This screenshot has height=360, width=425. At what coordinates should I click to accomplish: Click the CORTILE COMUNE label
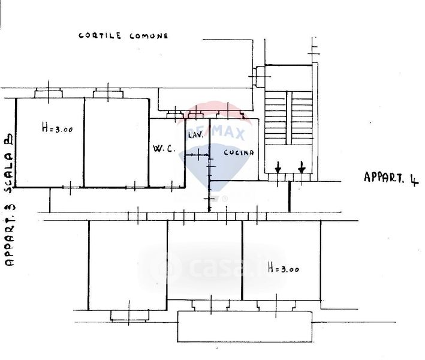click(123, 36)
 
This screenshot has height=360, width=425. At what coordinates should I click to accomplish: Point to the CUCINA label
click(239, 152)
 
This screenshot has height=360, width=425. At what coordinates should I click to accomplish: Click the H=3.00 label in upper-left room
click(58, 127)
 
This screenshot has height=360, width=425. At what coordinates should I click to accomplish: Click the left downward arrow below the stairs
click(278, 168)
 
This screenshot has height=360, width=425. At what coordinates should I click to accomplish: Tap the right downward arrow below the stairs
click(302, 168)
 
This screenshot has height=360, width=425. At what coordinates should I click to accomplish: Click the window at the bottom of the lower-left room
click(128, 314)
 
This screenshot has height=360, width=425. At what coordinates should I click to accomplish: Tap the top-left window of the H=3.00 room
click(49, 93)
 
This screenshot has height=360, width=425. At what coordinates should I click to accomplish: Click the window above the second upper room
click(108, 93)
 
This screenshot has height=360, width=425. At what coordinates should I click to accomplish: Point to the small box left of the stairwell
click(260, 76)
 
